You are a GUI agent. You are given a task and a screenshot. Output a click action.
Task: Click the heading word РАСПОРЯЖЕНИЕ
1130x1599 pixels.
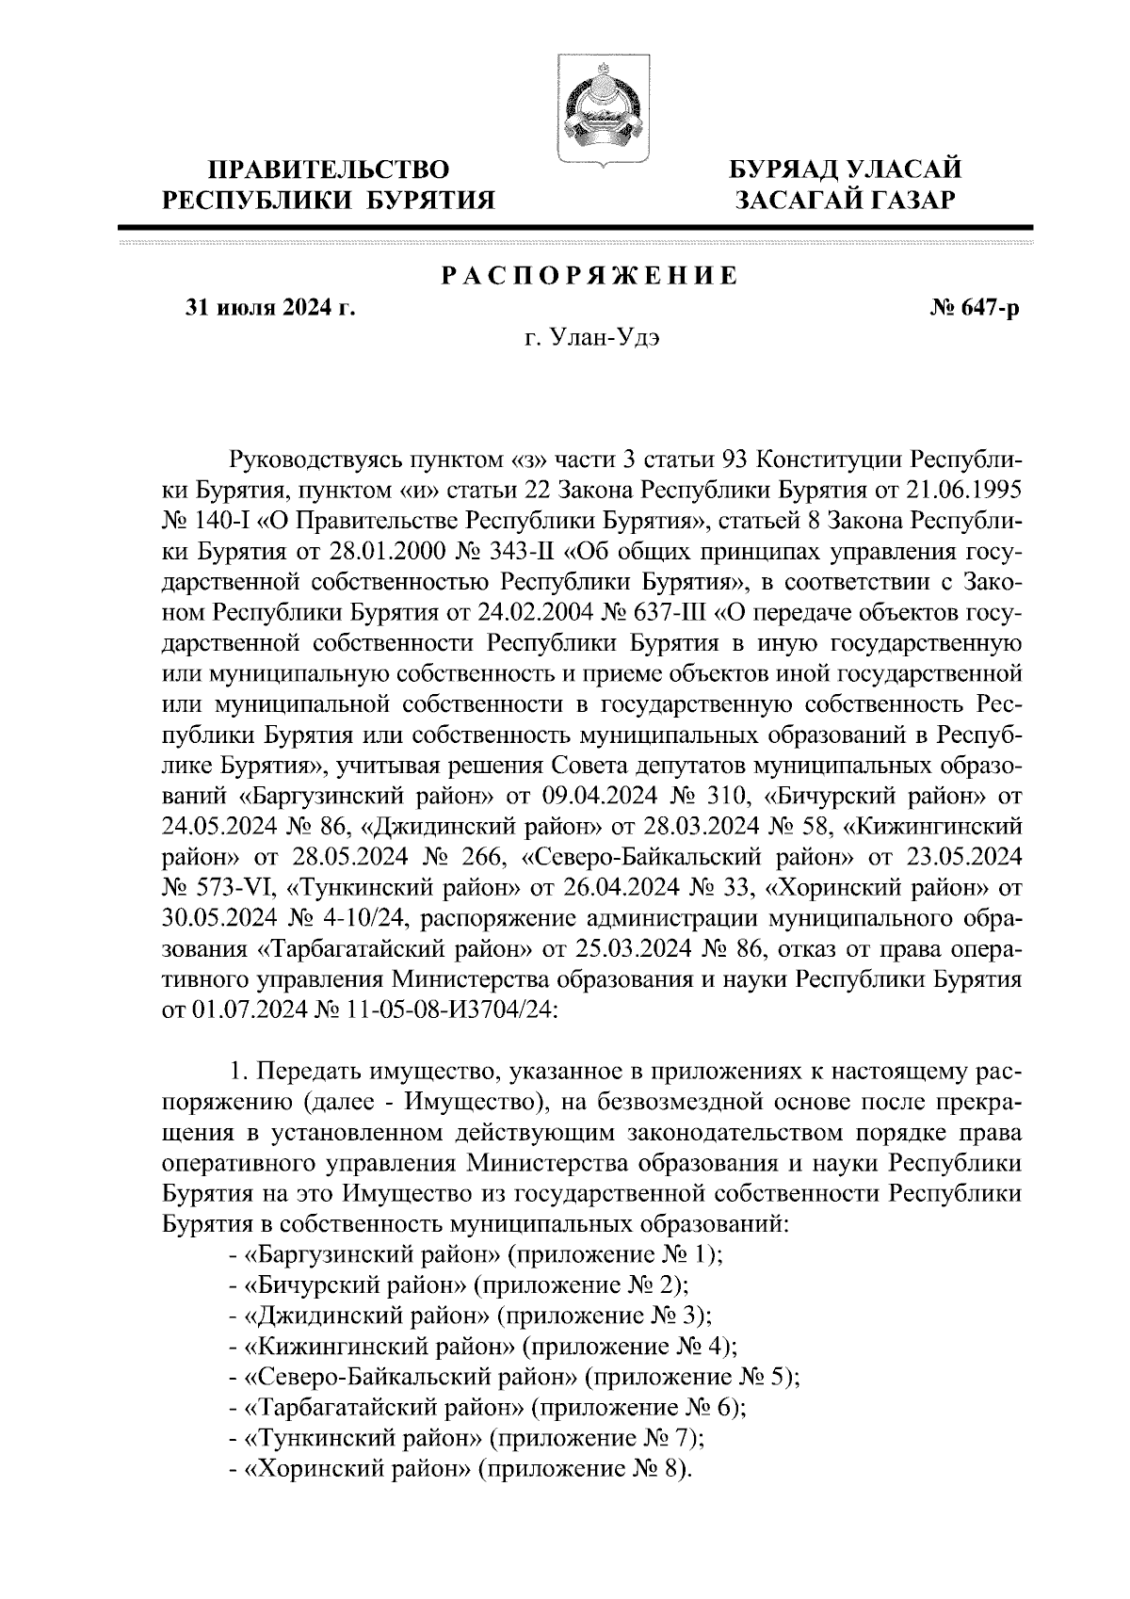click(589, 277)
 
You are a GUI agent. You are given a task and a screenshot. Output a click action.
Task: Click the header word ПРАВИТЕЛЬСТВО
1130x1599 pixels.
click(329, 170)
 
